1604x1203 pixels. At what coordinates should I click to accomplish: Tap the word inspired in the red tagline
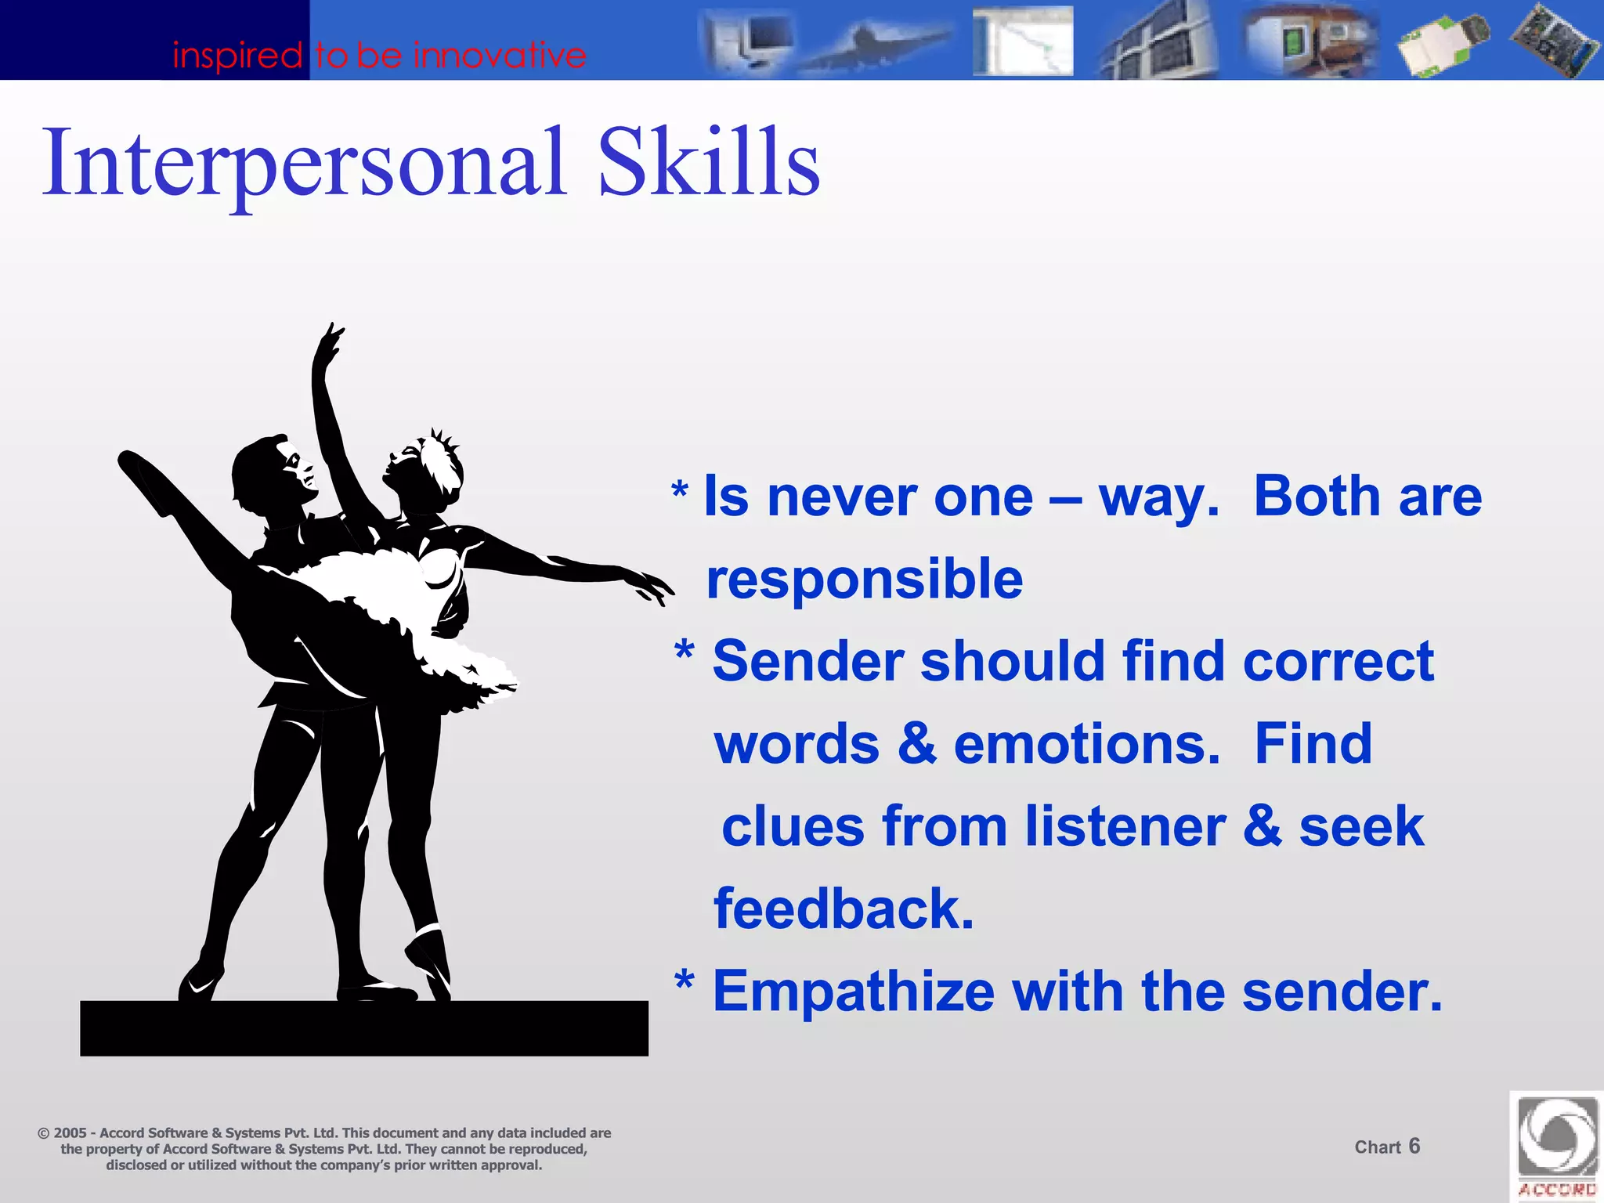[x=237, y=56]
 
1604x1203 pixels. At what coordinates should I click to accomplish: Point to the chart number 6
[x=1414, y=1147]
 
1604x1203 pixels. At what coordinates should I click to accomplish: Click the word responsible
[x=864, y=580]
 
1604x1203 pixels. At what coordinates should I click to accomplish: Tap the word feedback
[x=844, y=909]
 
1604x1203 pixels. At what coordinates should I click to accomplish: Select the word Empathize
[x=853, y=992]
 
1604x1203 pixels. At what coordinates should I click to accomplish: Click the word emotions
[x=1086, y=744]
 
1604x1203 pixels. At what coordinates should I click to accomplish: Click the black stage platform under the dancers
[x=363, y=1028]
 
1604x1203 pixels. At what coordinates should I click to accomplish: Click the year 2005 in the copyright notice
[x=70, y=1133]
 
